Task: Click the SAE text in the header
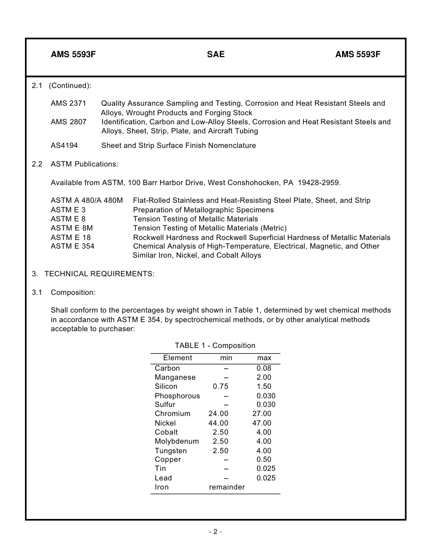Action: click(215, 55)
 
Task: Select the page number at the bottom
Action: click(215, 532)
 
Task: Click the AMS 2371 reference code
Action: click(69, 103)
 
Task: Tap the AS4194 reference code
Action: click(64, 146)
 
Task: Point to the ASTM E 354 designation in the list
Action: click(73, 246)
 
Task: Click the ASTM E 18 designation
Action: click(71, 237)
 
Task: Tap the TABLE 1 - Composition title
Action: click(215, 346)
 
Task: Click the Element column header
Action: click(177, 358)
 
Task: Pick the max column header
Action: click(264, 358)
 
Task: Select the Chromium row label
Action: click(172, 414)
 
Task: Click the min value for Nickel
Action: click(218, 423)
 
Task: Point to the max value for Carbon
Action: click(264, 368)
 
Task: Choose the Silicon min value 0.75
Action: click(220, 387)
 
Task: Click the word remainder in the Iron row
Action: click(226, 487)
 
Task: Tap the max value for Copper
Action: click(264, 460)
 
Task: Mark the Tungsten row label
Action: click(171, 451)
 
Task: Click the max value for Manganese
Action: click(264, 377)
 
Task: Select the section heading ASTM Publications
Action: click(84, 164)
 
